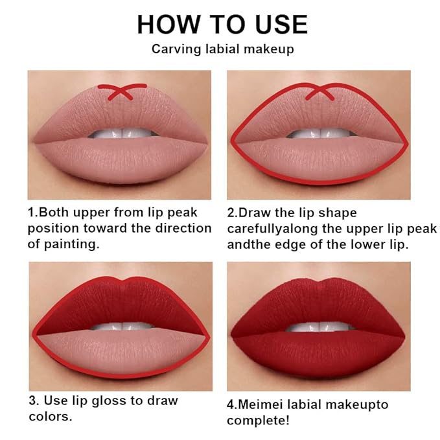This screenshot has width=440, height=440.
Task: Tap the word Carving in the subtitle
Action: click(x=171, y=49)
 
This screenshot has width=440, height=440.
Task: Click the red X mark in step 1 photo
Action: click(x=120, y=92)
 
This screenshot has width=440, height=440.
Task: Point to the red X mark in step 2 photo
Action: click(x=318, y=92)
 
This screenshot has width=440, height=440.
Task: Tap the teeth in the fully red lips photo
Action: click(x=318, y=326)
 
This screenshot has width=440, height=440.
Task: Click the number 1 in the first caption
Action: click(x=30, y=213)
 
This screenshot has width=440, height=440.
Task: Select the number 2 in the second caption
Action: click(x=231, y=213)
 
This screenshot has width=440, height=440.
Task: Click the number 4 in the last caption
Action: click(x=231, y=405)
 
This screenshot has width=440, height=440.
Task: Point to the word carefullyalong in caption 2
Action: click(x=267, y=229)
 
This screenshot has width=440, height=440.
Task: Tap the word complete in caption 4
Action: click(x=253, y=421)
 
